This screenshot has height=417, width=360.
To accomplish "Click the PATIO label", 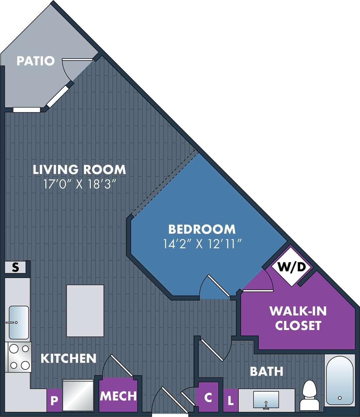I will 36,61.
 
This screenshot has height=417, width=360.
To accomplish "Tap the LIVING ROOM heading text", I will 79,169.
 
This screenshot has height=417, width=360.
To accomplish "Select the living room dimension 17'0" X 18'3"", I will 80,184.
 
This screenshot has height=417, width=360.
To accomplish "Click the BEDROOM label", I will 202,229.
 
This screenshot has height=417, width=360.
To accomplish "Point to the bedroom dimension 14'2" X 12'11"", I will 202,244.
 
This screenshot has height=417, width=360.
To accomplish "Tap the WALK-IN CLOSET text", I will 298,318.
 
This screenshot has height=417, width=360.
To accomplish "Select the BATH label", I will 266,372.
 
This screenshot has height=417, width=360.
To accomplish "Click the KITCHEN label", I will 68,358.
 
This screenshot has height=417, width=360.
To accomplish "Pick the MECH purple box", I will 118,396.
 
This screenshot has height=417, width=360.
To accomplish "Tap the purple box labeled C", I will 208,397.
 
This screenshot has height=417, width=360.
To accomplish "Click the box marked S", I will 15,268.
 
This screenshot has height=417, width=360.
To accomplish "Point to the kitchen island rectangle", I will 85,310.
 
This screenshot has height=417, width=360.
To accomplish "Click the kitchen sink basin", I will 19,322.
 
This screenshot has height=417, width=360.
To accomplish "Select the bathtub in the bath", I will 340,380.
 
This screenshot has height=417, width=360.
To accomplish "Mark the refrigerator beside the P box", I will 78,395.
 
